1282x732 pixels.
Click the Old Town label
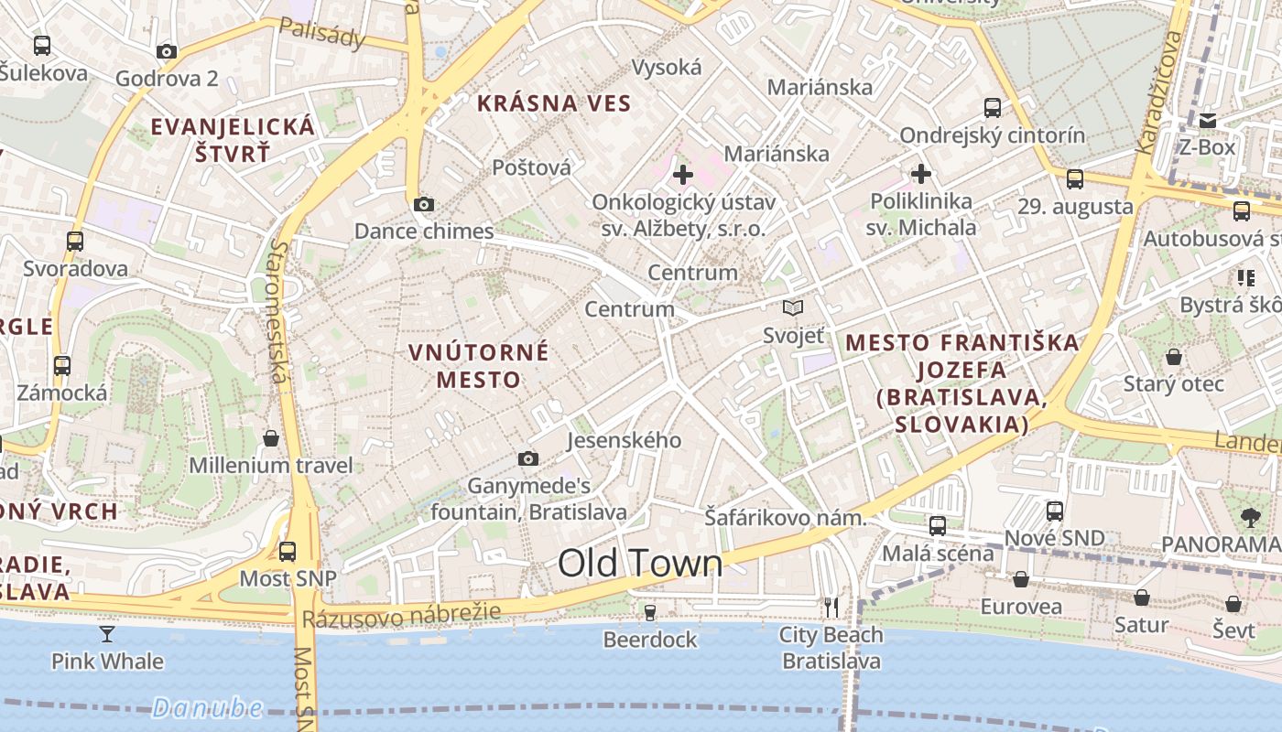pos(640,564)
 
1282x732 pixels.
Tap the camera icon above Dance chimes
pos(423,204)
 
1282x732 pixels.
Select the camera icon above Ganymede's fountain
pos(528,458)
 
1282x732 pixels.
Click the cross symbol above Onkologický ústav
pos(683,174)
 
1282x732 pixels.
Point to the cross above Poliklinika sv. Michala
pos(921,173)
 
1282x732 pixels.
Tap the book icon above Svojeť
pos(793,308)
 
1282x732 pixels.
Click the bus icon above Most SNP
pos(288,551)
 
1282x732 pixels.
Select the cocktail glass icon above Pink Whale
pos(107,633)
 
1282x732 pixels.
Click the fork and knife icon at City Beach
pos(831,607)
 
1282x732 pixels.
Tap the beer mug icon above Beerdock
pos(650,611)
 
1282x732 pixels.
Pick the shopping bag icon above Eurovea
pos(1021,579)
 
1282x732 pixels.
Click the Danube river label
pos(207,707)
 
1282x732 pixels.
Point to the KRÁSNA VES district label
pos(555,103)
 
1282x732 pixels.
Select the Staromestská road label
pos(278,311)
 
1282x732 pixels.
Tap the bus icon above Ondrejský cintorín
pos(993,108)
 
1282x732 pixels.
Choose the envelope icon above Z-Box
pos(1208,120)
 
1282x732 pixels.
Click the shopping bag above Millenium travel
pos(271,438)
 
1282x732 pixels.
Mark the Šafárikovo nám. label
pos(785,518)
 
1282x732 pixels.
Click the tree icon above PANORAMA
pos(1251,517)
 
